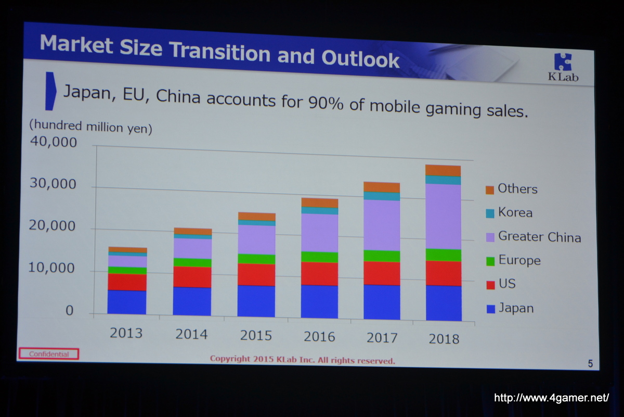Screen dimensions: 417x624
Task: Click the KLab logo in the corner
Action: pos(563,68)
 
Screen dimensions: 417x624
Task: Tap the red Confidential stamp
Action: pos(48,354)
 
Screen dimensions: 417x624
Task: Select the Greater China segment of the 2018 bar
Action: pos(443,217)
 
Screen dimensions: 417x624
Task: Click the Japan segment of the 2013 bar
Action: pos(127,302)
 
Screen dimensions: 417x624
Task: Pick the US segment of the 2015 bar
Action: pos(256,274)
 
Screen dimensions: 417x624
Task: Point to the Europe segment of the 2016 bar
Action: pos(319,257)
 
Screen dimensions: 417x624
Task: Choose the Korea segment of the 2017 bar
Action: pos(382,196)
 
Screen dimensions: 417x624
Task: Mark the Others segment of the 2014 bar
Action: pos(192,232)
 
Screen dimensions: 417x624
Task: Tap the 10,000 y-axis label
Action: pos(52,269)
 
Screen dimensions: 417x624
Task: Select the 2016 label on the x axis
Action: pos(319,336)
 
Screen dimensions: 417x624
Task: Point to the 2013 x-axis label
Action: pos(126,333)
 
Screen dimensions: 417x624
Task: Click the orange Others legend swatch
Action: pos(489,190)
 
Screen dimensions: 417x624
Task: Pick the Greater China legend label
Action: pos(539,237)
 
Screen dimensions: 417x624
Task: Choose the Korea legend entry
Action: pos(515,212)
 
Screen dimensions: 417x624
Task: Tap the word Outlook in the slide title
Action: pos(360,58)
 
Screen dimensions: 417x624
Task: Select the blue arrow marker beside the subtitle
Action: pos(50,91)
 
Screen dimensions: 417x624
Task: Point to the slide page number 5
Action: pos(590,364)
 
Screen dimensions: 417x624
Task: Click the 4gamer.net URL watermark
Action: pos(551,398)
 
